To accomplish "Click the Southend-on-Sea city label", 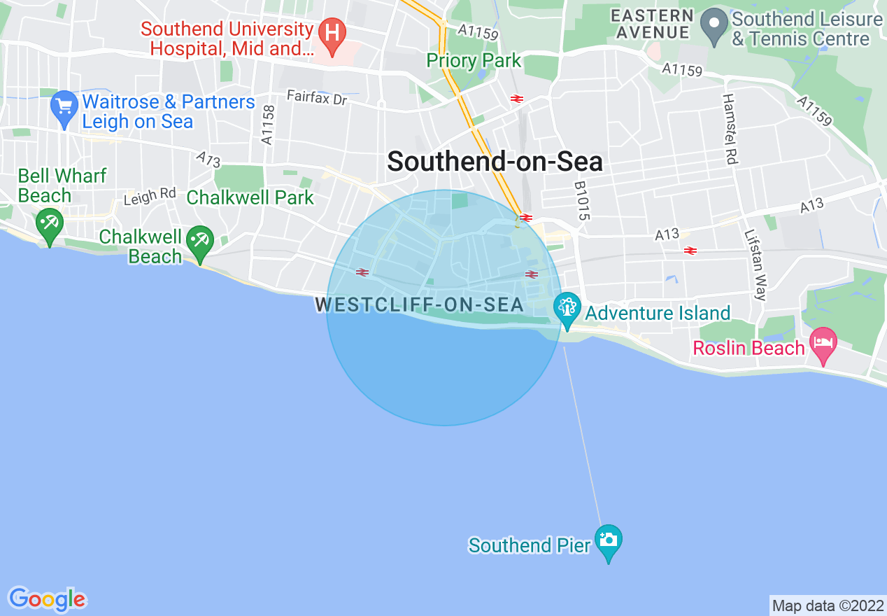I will pyautogui.click(x=495, y=162).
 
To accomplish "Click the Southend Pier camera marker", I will pyautogui.click(x=608, y=540).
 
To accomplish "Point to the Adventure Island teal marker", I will pyautogui.click(x=567, y=308).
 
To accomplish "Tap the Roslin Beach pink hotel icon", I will pyautogui.click(x=823, y=344).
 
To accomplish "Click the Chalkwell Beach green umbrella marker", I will pyautogui.click(x=201, y=242).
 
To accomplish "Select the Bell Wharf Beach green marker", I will pyautogui.click(x=50, y=225).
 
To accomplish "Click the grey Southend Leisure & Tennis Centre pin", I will pyautogui.click(x=714, y=27).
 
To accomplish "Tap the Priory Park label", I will pyautogui.click(x=474, y=61).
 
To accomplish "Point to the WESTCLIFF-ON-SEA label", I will pyautogui.click(x=420, y=305).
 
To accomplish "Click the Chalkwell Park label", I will pyautogui.click(x=250, y=197).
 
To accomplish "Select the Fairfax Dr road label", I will pyautogui.click(x=317, y=98).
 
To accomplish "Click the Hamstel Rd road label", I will pyautogui.click(x=729, y=129).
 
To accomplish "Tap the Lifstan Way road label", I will pyautogui.click(x=755, y=265).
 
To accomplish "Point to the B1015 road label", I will pyautogui.click(x=582, y=202).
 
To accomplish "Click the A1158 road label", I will pyautogui.click(x=267, y=125).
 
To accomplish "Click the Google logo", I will pyautogui.click(x=47, y=599).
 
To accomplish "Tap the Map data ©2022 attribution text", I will pyautogui.click(x=828, y=605).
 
